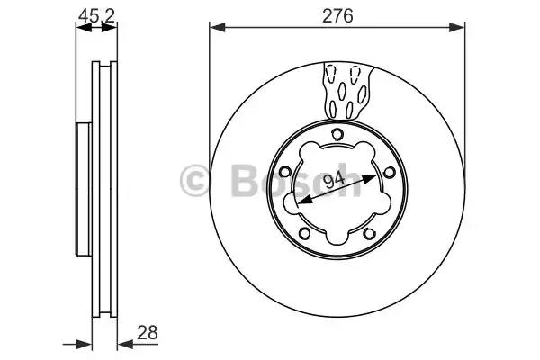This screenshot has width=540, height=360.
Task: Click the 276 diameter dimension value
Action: [337, 16]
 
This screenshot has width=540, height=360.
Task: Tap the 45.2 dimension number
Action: [96, 16]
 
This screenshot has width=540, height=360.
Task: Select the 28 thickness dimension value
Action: [148, 332]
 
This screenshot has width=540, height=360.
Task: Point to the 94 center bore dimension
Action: [335, 179]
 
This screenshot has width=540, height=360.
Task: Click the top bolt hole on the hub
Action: [337, 134]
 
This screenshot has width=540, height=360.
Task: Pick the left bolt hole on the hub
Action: [285, 171]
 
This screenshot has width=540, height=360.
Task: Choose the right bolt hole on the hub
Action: [389, 172]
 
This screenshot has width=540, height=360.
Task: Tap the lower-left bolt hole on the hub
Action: [304, 233]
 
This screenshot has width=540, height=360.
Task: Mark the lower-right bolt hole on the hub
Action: [370, 234]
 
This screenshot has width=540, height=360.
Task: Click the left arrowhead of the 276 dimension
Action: [217, 27]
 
